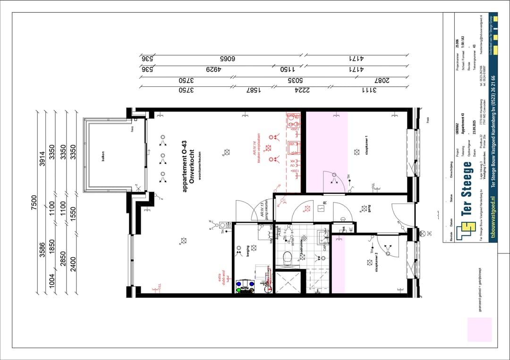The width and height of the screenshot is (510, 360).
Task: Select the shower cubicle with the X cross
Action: tap(288, 282)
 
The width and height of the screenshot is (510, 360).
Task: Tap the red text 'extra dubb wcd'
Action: tap(221, 278)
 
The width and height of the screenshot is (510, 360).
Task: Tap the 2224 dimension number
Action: tap(302, 90)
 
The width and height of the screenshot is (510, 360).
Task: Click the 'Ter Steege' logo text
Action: tap(467, 189)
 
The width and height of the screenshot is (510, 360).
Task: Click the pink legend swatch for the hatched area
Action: tap(479, 329)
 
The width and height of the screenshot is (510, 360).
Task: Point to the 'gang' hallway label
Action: tap(369, 208)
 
